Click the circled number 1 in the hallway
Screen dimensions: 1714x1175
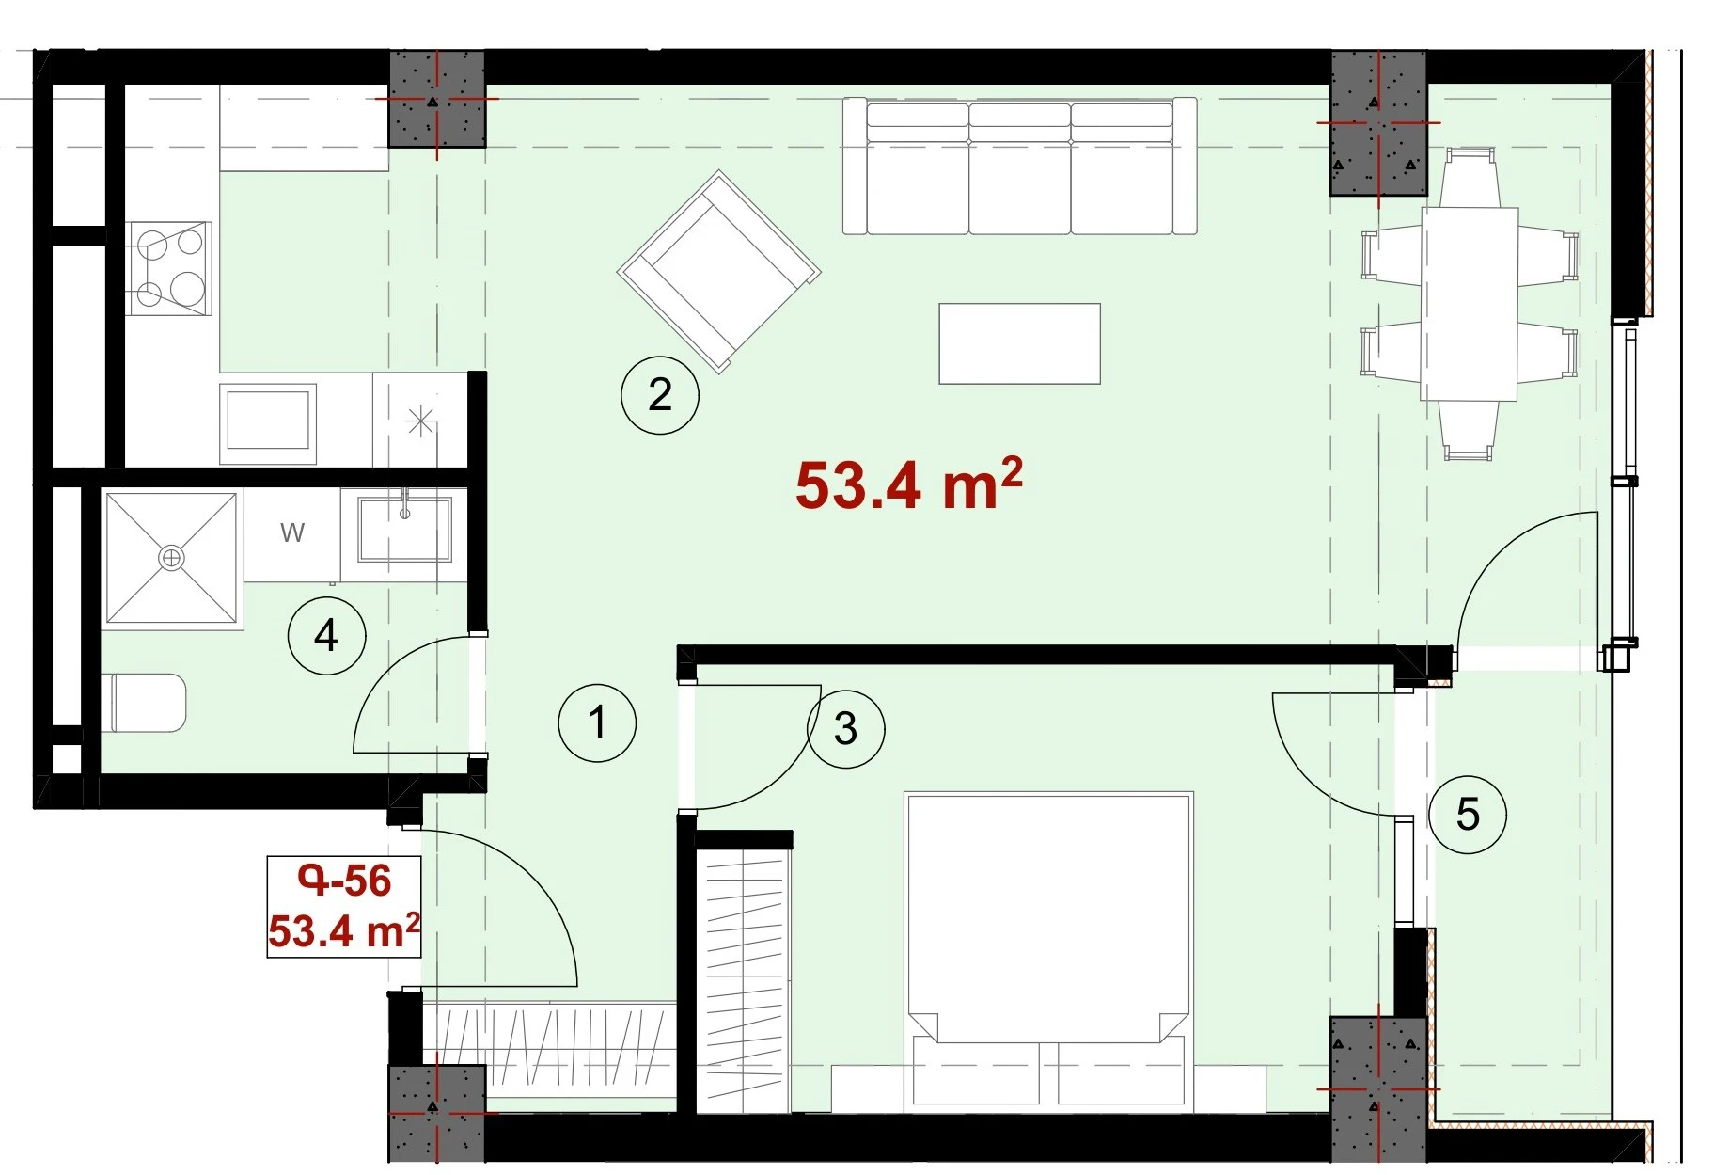click(x=597, y=722)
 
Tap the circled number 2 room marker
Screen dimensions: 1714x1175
click(x=660, y=395)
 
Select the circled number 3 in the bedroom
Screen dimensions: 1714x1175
click(x=845, y=728)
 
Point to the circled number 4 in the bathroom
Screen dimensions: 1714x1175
click(x=326, y=636)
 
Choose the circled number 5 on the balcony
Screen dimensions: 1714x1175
click(x=1468, y=815)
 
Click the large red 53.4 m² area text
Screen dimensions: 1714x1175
click(x=908, y=484)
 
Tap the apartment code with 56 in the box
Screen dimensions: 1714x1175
click(x=344, y=881)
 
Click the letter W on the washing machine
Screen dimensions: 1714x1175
click(x=292, y=533)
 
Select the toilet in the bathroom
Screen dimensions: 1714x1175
click(x=149, y=703)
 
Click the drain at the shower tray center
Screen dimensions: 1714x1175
click(x=171, y=558)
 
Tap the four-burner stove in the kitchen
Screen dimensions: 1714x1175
click(x=169, y=268)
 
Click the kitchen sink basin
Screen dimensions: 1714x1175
click(x=268, y=419)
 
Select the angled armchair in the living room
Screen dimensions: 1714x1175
click(x=719, y=272)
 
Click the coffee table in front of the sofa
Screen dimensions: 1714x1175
click(x=1019, y=343)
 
